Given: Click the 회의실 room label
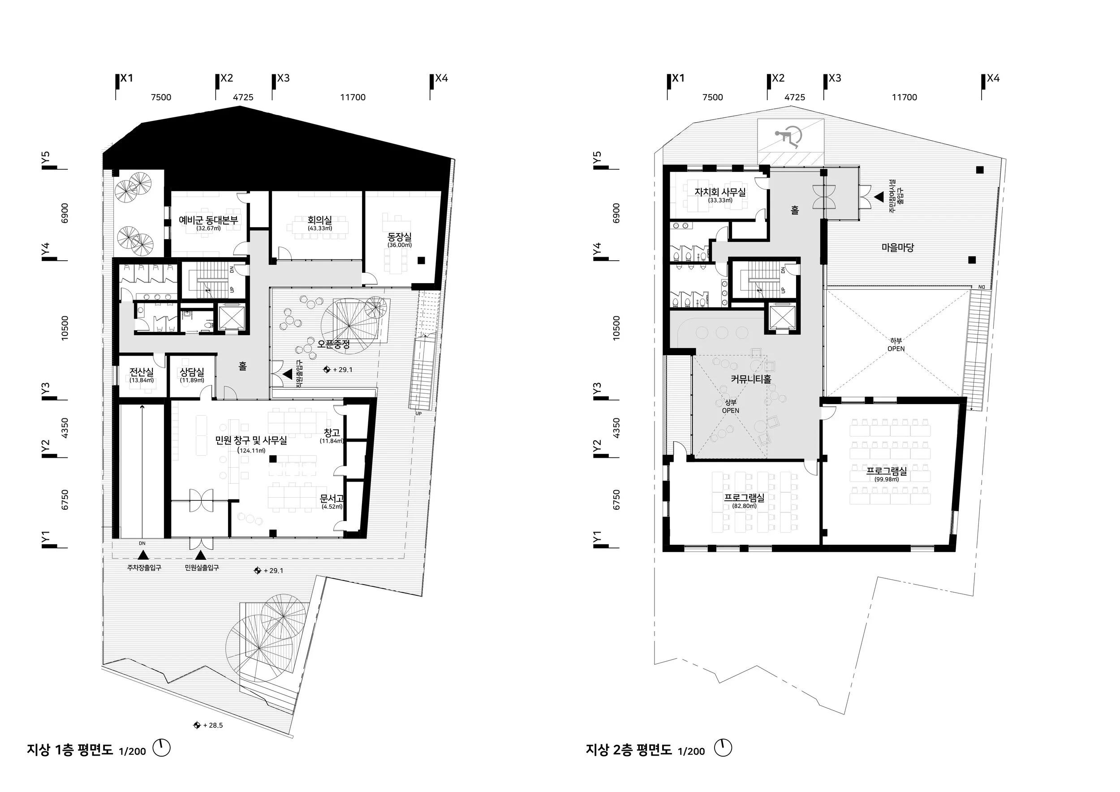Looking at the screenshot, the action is tap(319, 220).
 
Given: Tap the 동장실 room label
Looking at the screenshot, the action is tap(400, 237).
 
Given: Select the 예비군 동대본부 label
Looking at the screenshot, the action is tap(208, 220).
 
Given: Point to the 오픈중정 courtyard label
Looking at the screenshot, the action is tap(333, 344).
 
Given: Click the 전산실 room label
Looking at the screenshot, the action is tap(142, 373).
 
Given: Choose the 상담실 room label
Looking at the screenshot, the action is tap(192, 373).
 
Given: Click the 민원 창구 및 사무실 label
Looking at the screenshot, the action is tap(251, 440).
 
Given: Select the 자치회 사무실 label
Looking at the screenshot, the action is tap(720, 192).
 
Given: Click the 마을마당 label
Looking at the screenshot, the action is tap(897, 248).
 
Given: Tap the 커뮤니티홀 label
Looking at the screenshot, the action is tap(751, 379).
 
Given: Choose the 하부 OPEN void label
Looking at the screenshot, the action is tap(896, 345).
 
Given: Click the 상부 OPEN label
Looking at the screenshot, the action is tap(730, 406).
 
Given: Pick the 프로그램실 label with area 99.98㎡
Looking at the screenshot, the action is tap(886, 472).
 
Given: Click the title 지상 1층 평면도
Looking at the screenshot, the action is tap(70, 749).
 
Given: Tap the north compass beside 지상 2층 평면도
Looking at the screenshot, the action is tap(723, 748).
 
